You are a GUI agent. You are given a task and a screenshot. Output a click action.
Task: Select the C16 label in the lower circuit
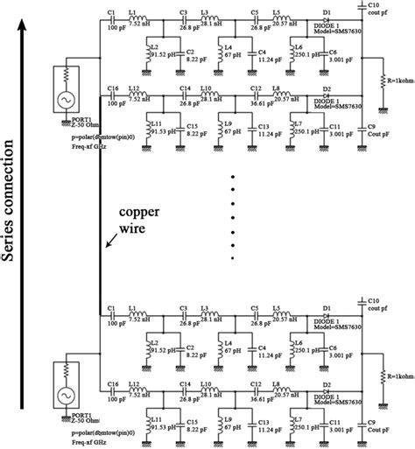pos(111,382)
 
